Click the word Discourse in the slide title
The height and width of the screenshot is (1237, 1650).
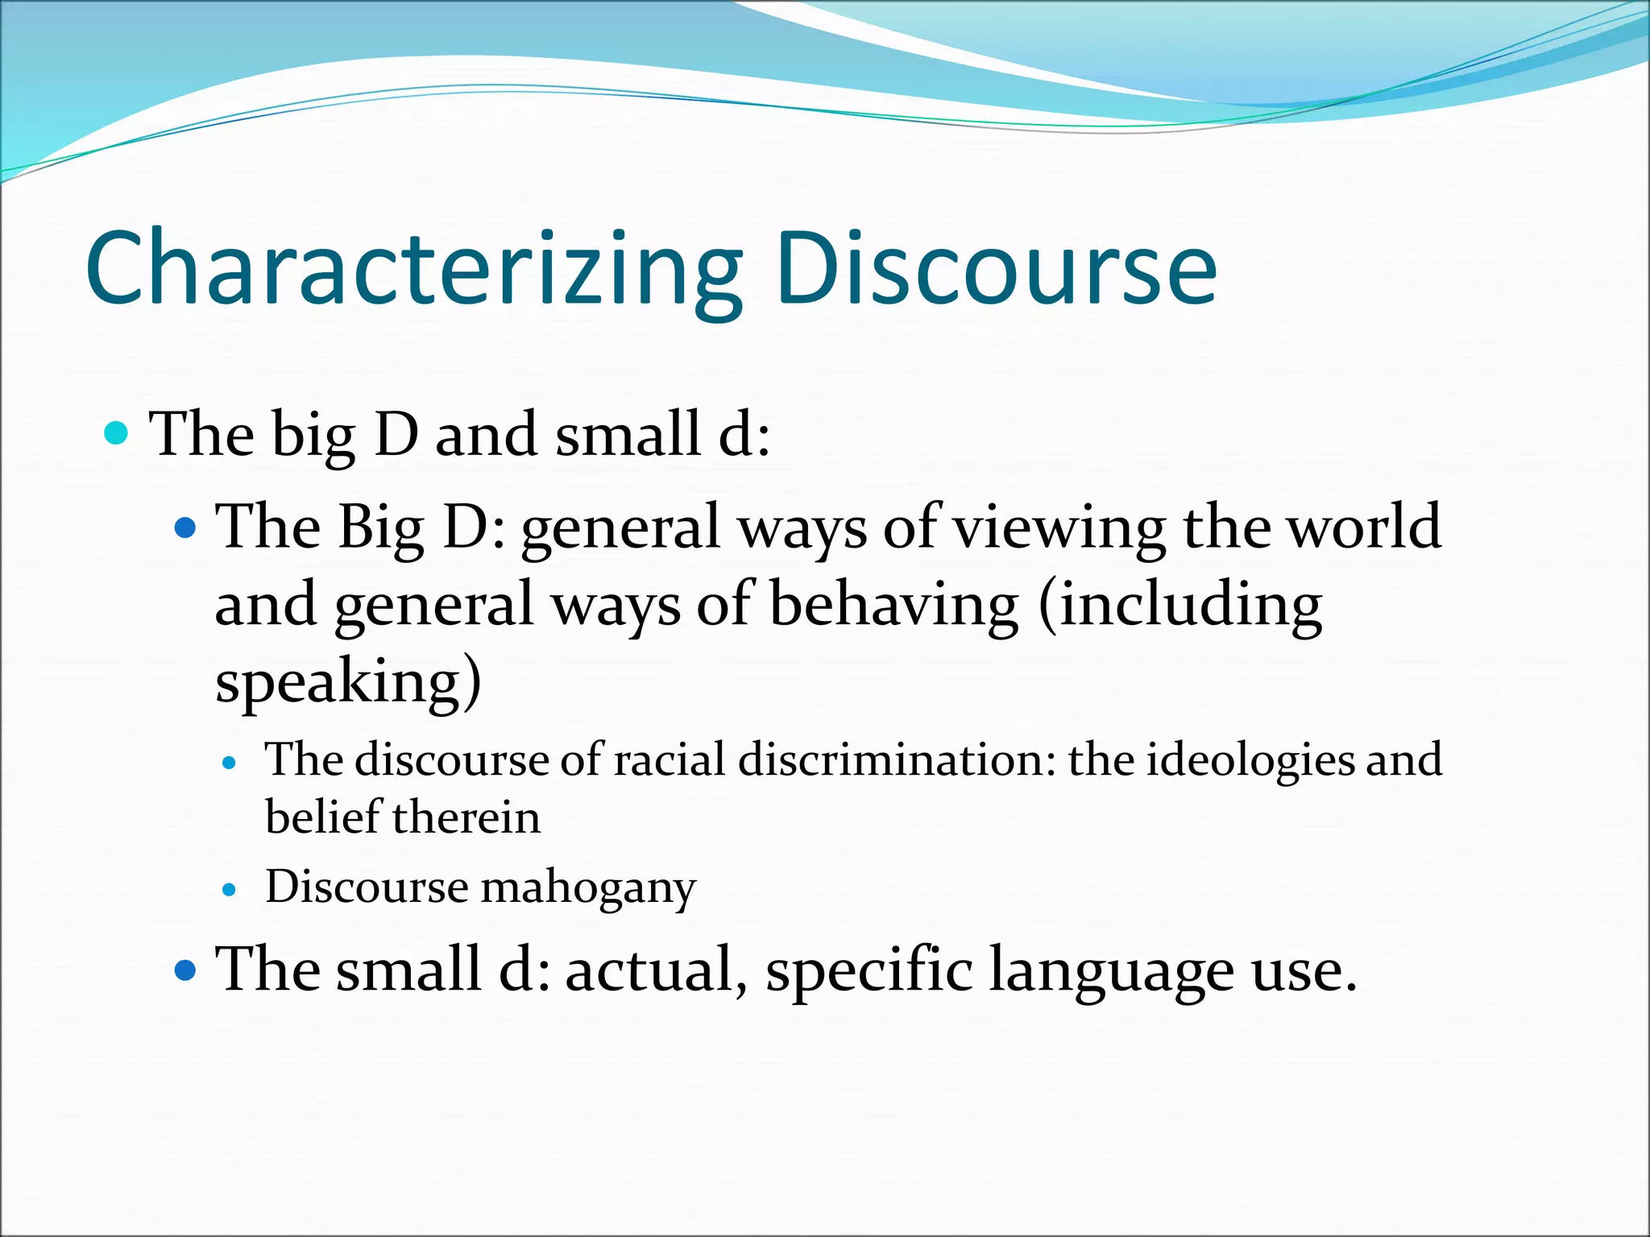point(996,270)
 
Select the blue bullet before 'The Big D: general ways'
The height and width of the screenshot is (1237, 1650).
point(185,528)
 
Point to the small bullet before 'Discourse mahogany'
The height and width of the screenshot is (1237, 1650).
point(230,890)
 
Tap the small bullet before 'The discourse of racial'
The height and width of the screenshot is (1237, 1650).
point(230,763)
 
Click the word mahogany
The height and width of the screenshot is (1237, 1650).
point(588,888)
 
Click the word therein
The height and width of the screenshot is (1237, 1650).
point(466,817)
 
